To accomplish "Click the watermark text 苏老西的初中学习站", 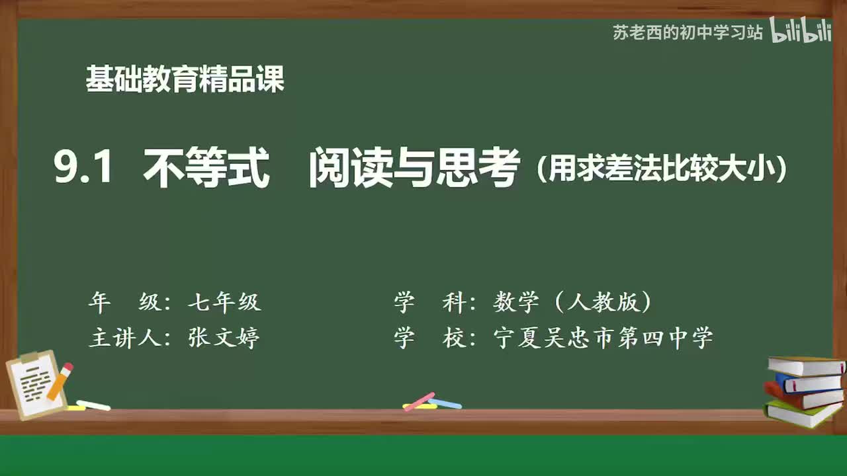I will click(x=688, y=32).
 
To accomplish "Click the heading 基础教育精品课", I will click(x=185, y=79).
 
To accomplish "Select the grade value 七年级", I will click(x=224, y=303).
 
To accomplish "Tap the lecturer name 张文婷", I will click(x=224, y=338).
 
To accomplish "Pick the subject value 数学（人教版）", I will click(x=572, y=303).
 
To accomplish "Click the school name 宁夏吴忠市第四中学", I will click(x=603, y=338).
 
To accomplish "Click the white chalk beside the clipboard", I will click(x=93, y=405).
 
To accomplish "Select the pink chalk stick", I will click(x=420, y=401).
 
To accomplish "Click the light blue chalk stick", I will click(x=445, y=403).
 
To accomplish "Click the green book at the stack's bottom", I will click(x=801, y=415).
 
